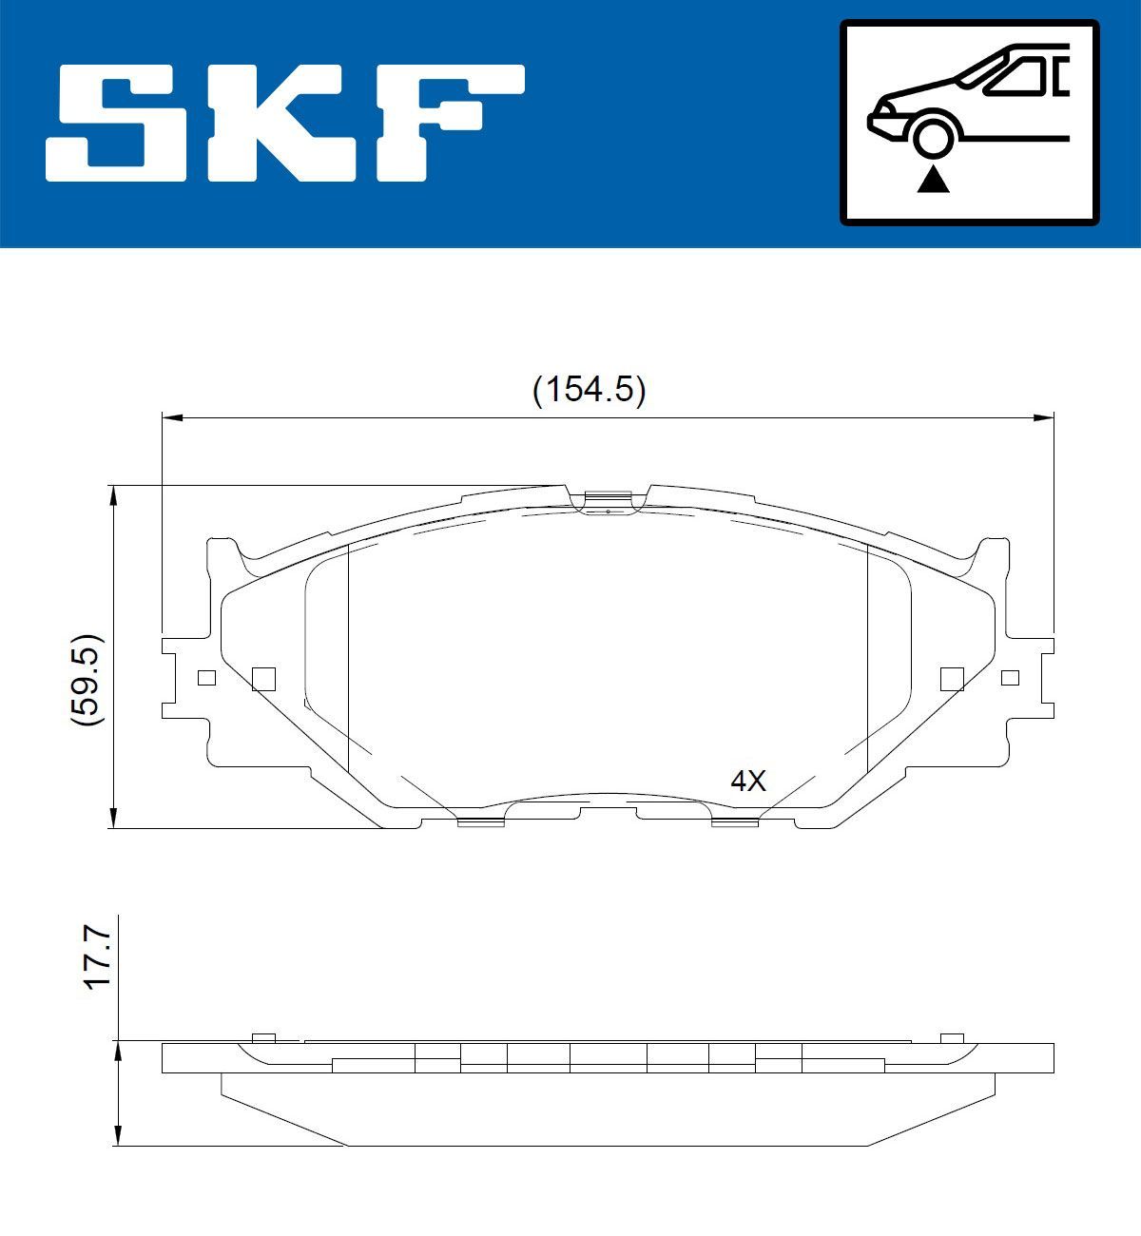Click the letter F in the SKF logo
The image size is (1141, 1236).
pyautogui.click(x=447, y=124)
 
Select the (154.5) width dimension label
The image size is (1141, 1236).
pyautogui.click(x=589, y=390)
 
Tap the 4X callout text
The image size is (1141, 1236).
pyautogui.click(x=747, y=782)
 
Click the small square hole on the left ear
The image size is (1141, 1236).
pyautogui.click(x=205, y=678)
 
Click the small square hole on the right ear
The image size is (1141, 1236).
pyautogui.click(x=1010, y=678)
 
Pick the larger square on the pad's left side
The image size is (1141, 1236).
pyautogui.click(x=263, y=678)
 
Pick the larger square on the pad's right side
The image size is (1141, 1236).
pyautogui.click(x=952, y=678)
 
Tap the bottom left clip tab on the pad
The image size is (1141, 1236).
pyautogui.click(x=480, y=821)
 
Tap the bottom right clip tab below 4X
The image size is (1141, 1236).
pyautogui.click(x=735, y=821)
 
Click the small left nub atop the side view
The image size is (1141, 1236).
pyautogui.click(x=263, y=1037)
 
